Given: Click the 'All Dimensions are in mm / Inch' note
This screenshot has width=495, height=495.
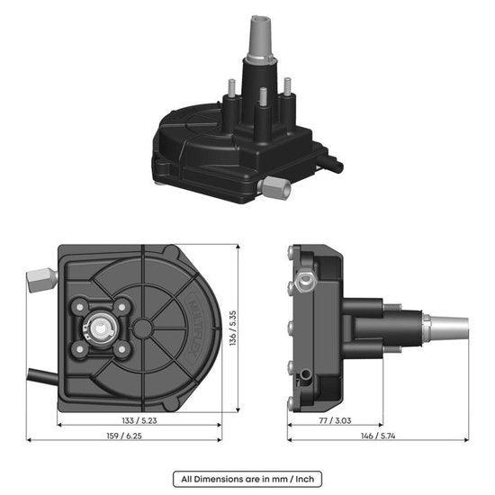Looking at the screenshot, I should pos(247,479).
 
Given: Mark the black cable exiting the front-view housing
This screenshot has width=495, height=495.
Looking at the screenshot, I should pos(40,373).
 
